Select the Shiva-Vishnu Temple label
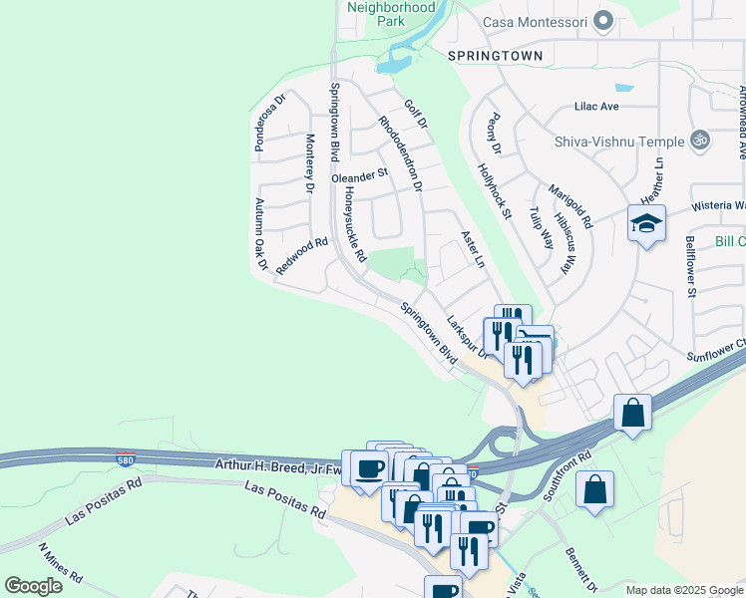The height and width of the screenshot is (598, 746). (x=618, y=141)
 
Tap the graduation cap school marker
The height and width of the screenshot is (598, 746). (x=646, y=224)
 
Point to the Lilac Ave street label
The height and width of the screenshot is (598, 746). (x=596, y=106)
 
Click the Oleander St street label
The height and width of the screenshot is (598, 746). (x=359, y=175)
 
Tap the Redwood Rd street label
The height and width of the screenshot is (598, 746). (x=301, y=256)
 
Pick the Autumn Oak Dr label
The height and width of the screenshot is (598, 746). (x=260, y=234)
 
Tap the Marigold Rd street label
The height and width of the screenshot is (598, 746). (x=573, y=205)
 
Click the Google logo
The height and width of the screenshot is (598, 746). (x=33, y=586)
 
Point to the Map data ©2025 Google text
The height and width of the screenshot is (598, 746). (x=684, y=590)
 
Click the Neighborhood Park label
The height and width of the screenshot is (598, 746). (x=391, y=13)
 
